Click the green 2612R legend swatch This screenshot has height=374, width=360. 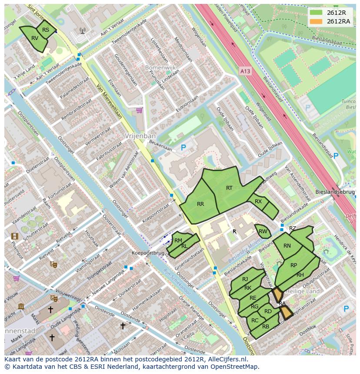click(316, 13)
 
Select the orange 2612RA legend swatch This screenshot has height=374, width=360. click(316, 21)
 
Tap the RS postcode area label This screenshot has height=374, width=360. click(46, 30)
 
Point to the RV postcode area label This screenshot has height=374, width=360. click(35, 38)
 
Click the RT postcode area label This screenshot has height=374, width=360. click(229, 188)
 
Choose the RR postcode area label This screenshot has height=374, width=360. click(200, 204)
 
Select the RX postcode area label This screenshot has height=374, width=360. click(258, 201)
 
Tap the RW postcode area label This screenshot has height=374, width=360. click(263, 232)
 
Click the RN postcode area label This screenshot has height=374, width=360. click(287, 246)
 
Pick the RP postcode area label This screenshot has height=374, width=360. click(294, 265)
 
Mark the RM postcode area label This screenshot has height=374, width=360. click(178, 240)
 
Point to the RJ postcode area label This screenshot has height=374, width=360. click(245, 279)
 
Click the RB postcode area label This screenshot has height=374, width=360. click(266, 326)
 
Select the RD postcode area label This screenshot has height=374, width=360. click(268, 311)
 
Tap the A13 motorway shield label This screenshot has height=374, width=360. click(245, 70)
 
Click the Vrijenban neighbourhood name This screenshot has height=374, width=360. click(137, 136)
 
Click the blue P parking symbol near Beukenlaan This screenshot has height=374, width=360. click(183, 148)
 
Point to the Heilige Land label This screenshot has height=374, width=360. click(304, 291)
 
